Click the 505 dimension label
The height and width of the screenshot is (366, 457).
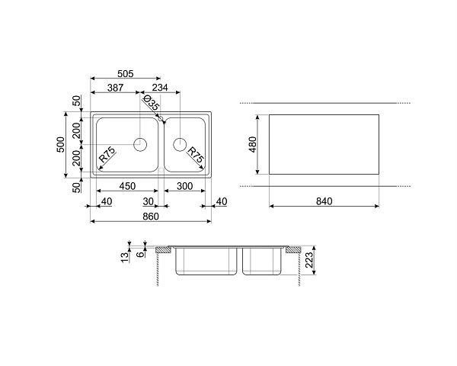126,74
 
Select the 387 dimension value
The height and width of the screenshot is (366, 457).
116,88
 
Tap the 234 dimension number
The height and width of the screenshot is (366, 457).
160,88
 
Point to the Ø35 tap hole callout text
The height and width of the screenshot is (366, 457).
151,102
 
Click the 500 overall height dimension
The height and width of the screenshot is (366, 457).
61,144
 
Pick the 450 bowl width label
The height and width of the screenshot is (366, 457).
127,186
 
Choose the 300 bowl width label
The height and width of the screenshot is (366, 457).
185,186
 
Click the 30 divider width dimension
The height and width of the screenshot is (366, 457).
149,201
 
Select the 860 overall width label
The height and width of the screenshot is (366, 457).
151,217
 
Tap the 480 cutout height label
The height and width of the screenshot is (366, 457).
253,144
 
